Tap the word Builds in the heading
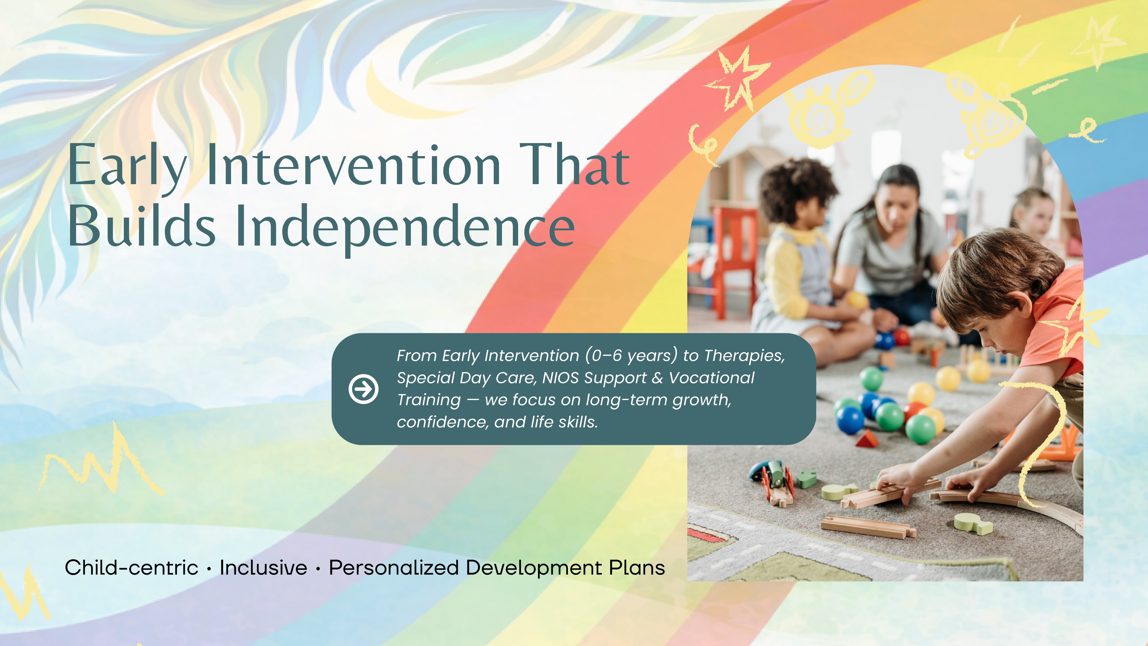pos(142,225)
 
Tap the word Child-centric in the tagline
pos(131,568)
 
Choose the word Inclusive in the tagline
pos(263,568)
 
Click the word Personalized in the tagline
pos(394,568)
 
